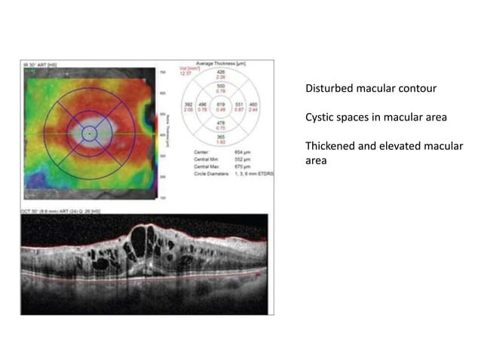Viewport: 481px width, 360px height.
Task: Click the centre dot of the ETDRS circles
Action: (x=88, y=133)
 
